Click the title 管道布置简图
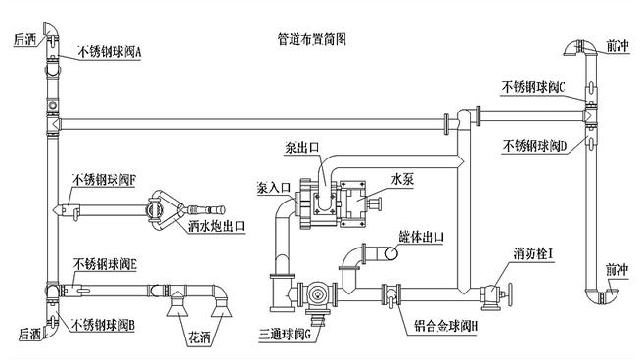pos(312,40)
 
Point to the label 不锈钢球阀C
pos(534,87)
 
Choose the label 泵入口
pos(275,186)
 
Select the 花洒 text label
pos(199,337)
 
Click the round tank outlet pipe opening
pos(392,254)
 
